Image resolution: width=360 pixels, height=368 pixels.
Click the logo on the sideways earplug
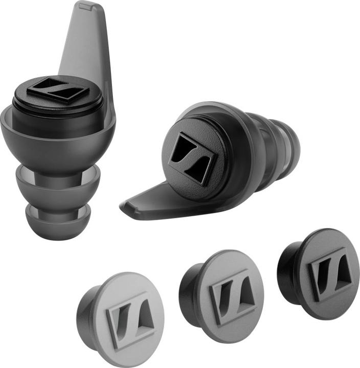tap(191, 157)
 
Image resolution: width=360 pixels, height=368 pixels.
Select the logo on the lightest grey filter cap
tap(130, 320)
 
